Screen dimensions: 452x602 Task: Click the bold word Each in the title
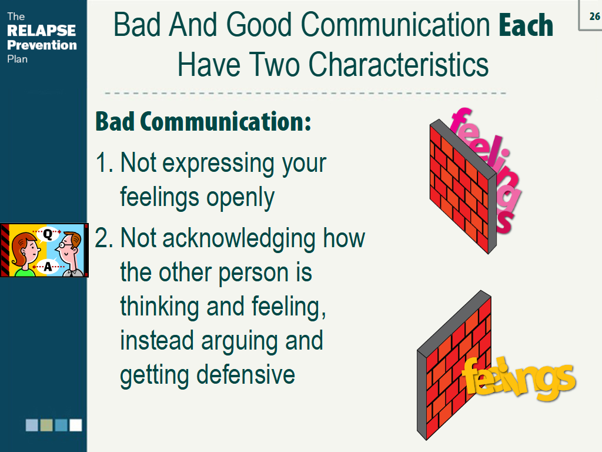tap(526, 25)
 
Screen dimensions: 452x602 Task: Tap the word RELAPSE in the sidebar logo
tap(41, 31)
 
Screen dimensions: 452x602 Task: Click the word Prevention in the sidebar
tap(42, 45)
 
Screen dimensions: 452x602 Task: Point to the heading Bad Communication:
tap(203, 122)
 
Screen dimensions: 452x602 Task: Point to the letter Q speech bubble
tap(48, 233)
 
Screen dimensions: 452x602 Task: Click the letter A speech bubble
tap(48, 267)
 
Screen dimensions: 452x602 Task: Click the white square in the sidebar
tap(75, 425)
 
